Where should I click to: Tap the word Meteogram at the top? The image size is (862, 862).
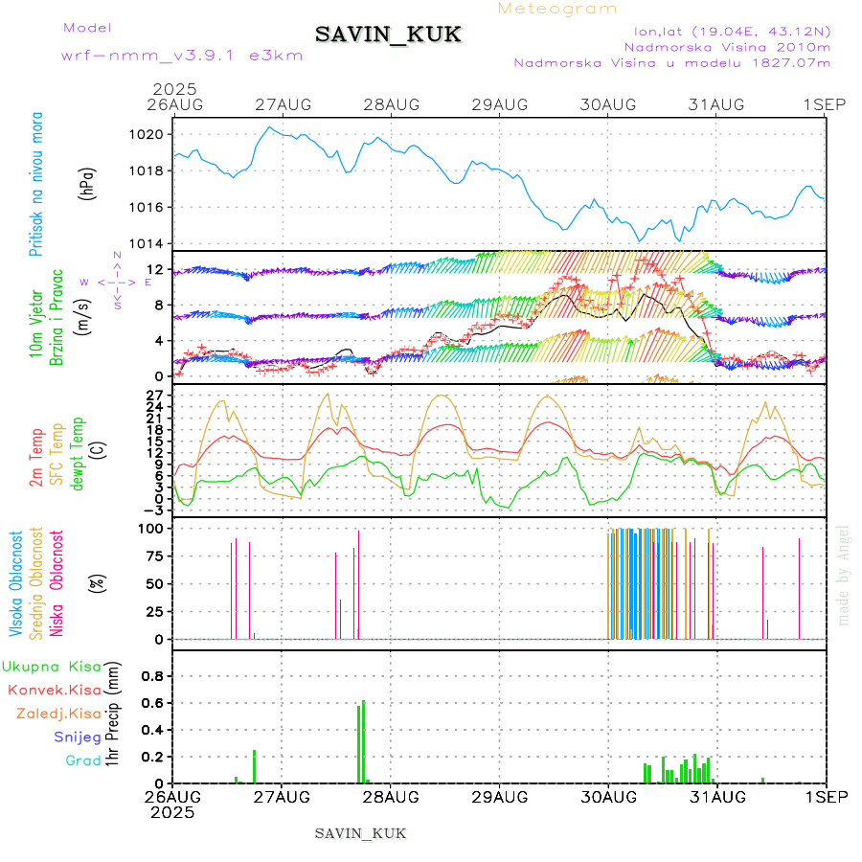(558, 9)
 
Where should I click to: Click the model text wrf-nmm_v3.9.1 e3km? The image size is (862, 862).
(182, 55)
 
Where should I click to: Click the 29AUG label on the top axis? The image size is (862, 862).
(499, 104)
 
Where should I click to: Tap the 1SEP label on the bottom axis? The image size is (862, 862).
(826, 796)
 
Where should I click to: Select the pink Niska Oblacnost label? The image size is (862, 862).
(57, 584)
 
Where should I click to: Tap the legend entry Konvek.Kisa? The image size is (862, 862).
(54, 690)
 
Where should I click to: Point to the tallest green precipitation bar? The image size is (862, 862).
(363, 741)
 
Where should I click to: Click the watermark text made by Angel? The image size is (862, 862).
(843, 575)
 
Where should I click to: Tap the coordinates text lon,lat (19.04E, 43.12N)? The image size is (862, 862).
(725, 31)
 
